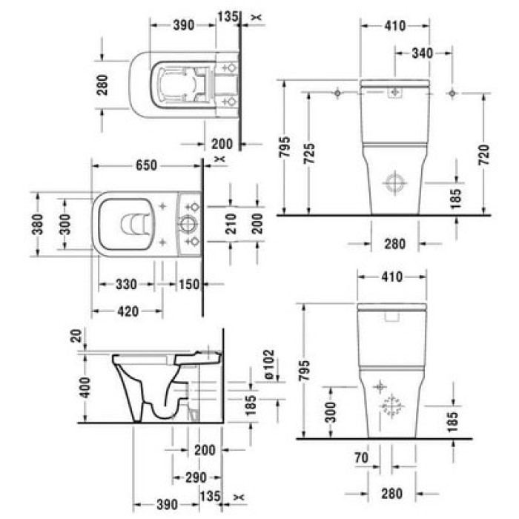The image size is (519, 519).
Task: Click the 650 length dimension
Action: pyautogui.click(x=145, y=166)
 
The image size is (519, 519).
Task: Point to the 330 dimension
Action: pyautogui.click(x=127, y=284)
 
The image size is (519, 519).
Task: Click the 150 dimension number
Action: pyautogui.click(x=189, y=284)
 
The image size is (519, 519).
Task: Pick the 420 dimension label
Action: pyautogui.click(x=128, y=311)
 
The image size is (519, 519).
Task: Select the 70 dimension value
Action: pyautogui.click(x=361, y=458)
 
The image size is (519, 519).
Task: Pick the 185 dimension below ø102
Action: pyautogui.click(x=251, y=403)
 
